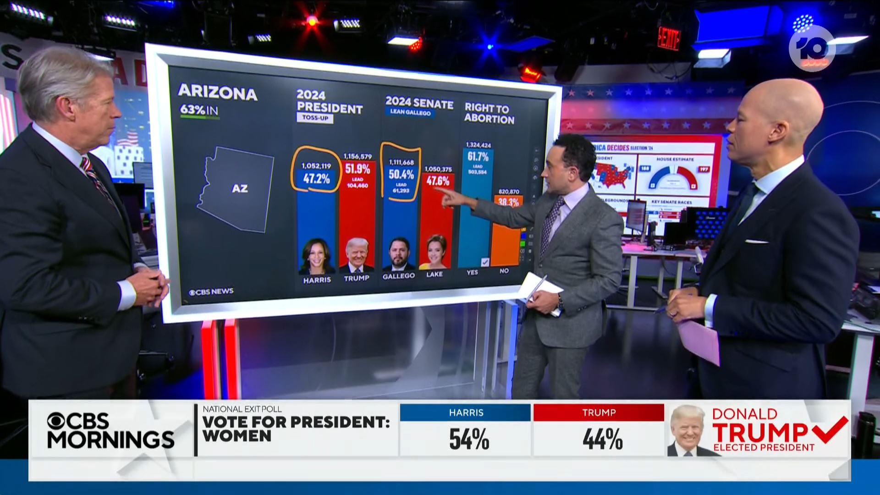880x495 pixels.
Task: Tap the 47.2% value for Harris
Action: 316,179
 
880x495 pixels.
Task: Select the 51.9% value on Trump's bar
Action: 357,169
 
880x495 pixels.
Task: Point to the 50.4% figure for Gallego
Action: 401,174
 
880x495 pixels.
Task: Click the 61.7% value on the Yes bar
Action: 478,156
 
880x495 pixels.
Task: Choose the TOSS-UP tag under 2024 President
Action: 315,118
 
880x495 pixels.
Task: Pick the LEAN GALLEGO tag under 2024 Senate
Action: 410,112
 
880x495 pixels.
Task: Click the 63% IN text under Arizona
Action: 199,110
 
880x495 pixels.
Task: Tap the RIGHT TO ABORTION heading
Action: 489,113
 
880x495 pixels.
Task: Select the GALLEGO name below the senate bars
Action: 398,276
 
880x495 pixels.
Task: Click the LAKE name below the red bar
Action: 434,274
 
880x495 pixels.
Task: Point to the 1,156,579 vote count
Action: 357,157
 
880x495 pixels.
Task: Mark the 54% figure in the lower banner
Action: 468,439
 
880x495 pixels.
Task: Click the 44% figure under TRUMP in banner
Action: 602,439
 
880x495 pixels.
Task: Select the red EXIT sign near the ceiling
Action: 668,38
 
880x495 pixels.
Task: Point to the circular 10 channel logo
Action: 812,49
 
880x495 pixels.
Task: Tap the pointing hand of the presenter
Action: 449,197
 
